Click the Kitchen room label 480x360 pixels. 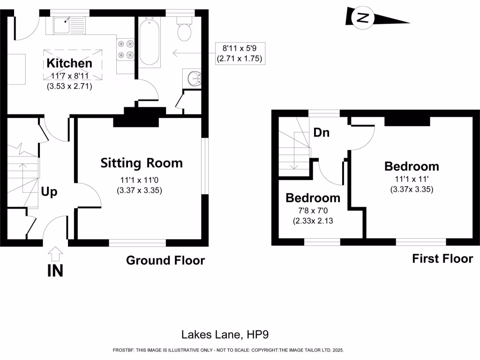click(69, 63)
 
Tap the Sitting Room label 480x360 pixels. click(142, 163)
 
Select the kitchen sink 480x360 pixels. click(68, 25)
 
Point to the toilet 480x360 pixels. click(184, 30)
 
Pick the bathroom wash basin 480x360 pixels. click(195, 78)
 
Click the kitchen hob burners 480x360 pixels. click(126, 50)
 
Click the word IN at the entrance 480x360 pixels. click(55, 271)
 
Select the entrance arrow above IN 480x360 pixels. click(55, 254)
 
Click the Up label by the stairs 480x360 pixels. click(49, 192)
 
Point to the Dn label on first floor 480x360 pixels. click(321, 133)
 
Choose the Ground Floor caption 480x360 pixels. click(165, 260)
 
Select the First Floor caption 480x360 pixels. click(442, 258)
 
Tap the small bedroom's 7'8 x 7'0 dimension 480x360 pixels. click(313, 210)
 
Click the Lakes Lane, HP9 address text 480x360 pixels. click(225, 334)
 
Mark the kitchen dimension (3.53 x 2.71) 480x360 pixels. click(69, 86)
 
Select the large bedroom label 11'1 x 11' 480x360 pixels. click(412, 179)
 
